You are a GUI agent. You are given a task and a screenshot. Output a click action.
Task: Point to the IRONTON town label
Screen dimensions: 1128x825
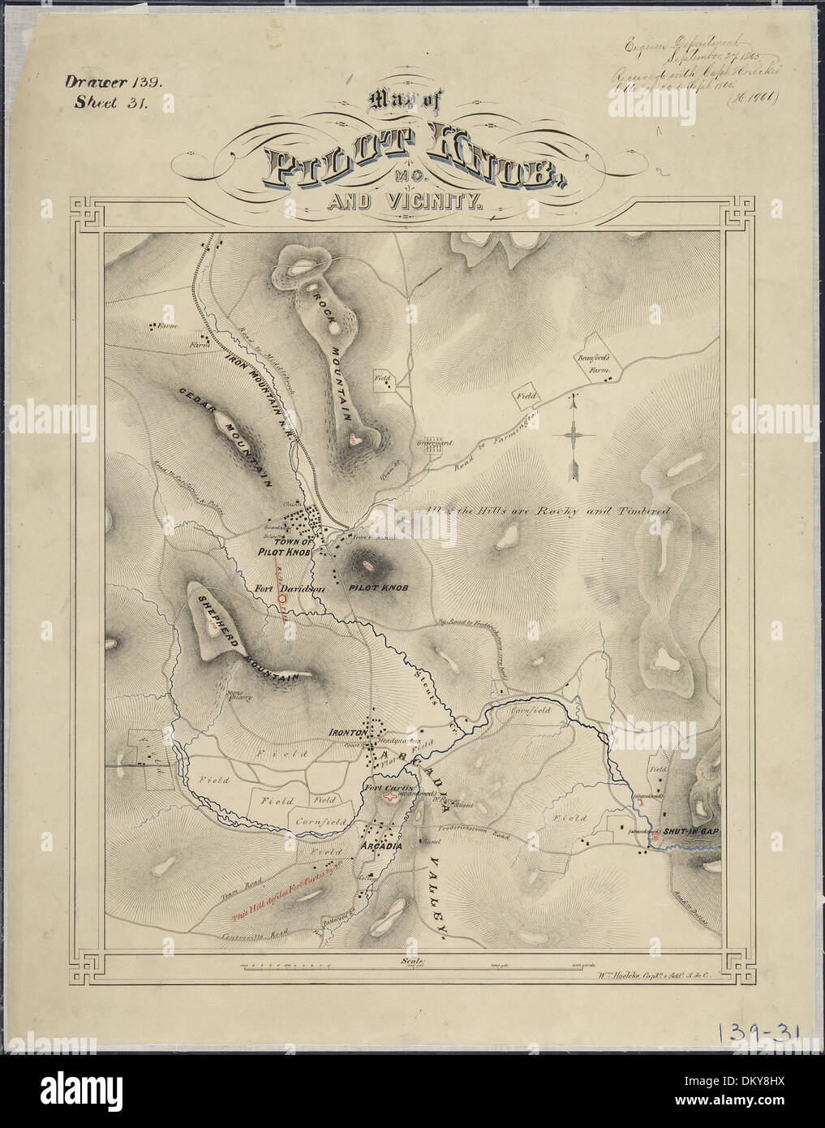coord(349,732)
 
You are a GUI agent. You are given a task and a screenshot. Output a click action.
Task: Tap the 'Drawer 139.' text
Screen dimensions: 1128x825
coord(114,81)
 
